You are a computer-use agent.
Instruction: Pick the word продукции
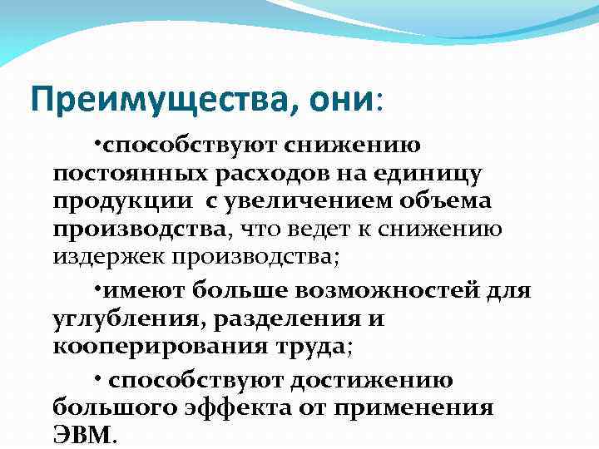115,202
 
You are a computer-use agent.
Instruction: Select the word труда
313,346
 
